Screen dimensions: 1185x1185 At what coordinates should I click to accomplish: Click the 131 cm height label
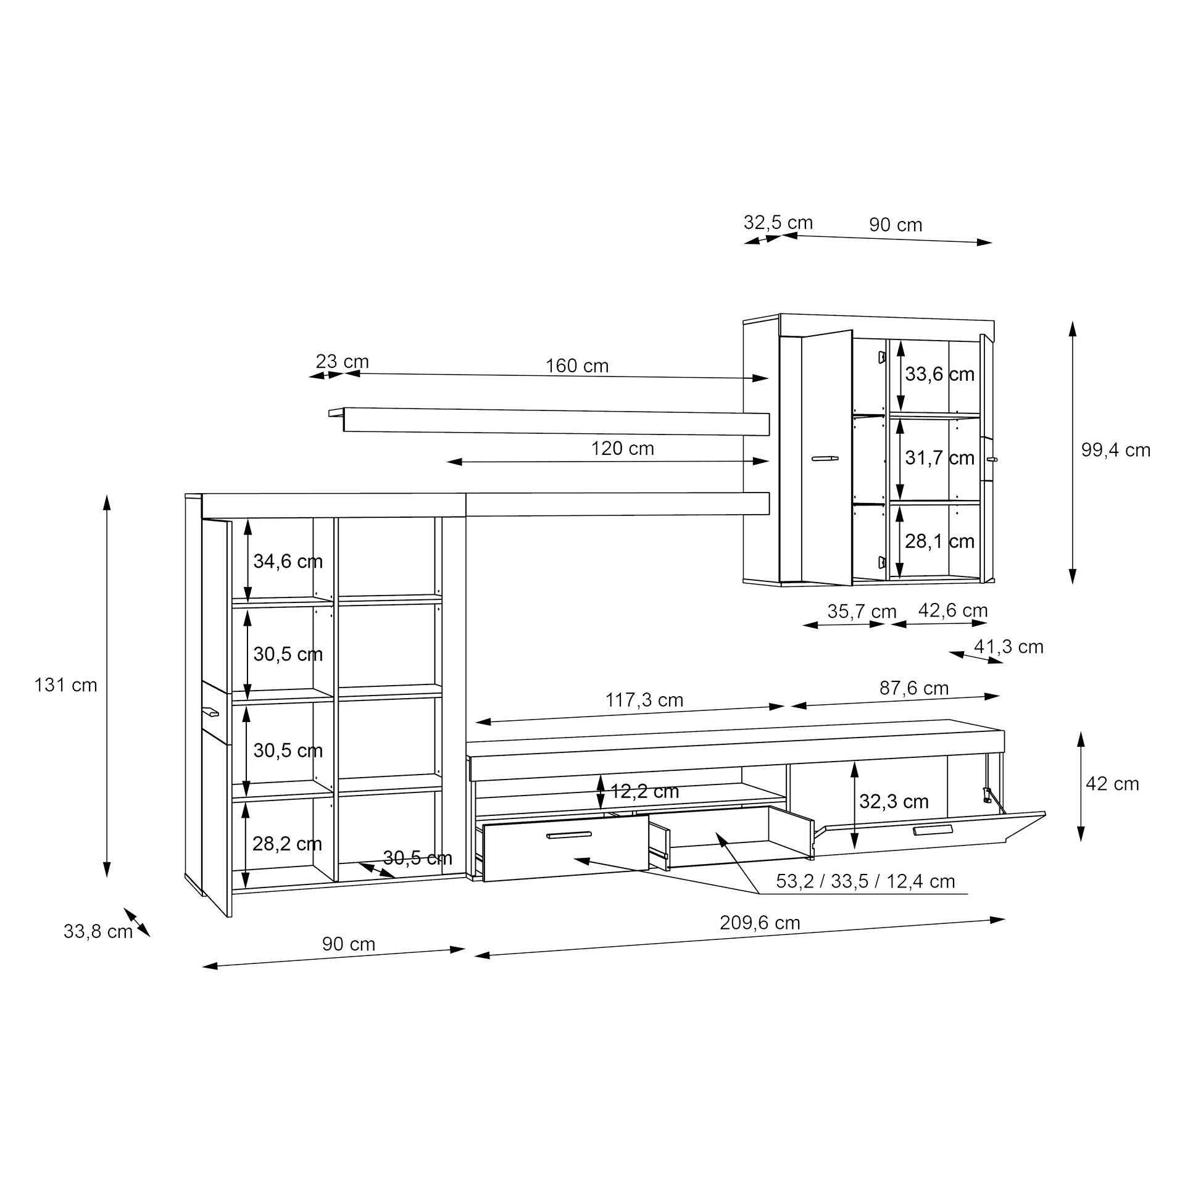(66, 685)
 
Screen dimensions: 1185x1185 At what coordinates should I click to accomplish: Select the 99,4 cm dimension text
(1116, 450)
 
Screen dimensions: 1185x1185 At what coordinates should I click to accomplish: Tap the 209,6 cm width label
(760, 923)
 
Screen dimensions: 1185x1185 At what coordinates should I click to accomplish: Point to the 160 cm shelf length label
(577, 366)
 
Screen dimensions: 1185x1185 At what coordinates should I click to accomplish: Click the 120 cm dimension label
(622, 449)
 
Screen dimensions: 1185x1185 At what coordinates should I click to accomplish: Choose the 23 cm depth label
(342, 361)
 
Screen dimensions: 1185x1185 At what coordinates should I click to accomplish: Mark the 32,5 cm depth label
(778, 222)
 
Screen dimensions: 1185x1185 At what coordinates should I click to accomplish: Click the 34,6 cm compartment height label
(288, 561)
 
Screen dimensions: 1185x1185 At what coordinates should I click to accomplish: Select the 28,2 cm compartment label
(287, 844)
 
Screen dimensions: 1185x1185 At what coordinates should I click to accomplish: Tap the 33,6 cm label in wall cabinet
(939, 374)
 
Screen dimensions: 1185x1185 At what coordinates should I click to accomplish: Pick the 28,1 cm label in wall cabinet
(939, 541)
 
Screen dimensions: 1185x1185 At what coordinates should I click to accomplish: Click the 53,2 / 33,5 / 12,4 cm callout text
(865, 881)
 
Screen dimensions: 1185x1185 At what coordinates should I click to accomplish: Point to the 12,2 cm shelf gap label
(644, 791)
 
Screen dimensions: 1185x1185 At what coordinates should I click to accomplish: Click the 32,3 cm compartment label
(894, 802)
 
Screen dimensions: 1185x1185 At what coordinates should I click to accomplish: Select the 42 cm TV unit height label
(1112, 784)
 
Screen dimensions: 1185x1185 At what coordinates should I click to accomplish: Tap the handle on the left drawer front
(569, 836)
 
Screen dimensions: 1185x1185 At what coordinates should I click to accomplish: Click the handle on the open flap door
(933, 829)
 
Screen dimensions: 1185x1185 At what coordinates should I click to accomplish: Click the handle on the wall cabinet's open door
(825, 458)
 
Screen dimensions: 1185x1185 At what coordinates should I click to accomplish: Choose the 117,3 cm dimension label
(644, 701)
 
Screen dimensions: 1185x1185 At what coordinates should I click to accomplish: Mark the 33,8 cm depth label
(98, 932)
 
